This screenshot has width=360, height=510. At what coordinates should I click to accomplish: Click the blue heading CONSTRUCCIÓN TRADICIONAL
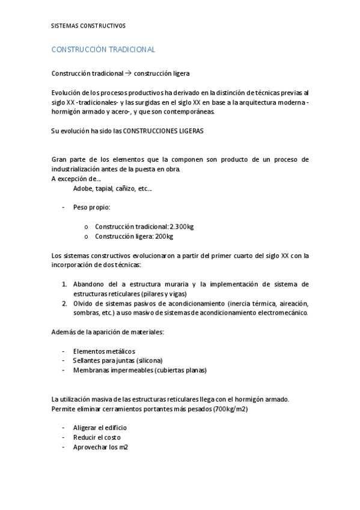[103, 49]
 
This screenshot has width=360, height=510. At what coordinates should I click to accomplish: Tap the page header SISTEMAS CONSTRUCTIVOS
[88, 26]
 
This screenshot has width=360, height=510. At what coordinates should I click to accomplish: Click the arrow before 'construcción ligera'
[129, 73]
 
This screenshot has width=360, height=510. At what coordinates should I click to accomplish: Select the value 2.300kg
[182, 227]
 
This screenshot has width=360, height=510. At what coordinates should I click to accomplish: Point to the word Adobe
[82, 188]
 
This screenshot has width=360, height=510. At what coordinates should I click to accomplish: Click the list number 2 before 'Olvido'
[64, 303]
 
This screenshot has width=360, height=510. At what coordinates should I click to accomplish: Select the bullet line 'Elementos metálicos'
[103, 351]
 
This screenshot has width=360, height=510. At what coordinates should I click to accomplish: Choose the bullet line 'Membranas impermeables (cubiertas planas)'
[139, 370]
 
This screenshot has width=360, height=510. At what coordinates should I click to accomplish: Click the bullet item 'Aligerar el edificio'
[100, 428]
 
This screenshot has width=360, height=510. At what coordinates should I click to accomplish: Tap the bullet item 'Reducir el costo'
[96, 437]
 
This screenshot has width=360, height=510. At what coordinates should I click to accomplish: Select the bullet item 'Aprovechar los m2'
[100, 447]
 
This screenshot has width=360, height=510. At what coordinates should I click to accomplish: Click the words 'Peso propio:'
[91, 207]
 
